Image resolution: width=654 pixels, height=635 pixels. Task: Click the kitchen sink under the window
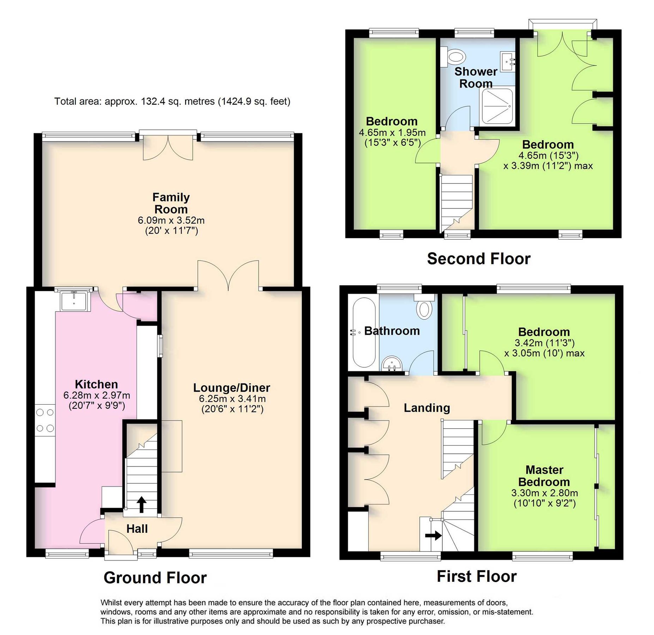click(x=74, y=301)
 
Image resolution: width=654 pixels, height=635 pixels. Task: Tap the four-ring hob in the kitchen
click(x=45, y=420)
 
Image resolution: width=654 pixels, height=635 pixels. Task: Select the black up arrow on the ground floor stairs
click(x=141, y=504)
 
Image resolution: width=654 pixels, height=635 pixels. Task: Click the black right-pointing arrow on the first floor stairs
click(x=433, y=536)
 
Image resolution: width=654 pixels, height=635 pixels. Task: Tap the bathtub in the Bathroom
click(x=364, y=333)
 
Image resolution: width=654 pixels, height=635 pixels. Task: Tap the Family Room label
click(x=171, y=203)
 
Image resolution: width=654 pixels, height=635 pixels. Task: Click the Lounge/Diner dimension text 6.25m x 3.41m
click(x=232, y=399)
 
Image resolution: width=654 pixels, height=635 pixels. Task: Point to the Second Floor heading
click(x=478, y=259)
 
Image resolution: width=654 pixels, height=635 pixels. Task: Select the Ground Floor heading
click(x=155, y=577)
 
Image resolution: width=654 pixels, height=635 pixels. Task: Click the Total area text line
click(x=172, y=102)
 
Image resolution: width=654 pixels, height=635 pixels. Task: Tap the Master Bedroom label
click(x=544, y=476)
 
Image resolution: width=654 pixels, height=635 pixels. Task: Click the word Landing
click(x=427, y=408)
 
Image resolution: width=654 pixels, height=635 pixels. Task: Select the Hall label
click(x=137, y=528)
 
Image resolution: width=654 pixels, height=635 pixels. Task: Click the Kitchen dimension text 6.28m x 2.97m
click(x=97, y=395)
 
